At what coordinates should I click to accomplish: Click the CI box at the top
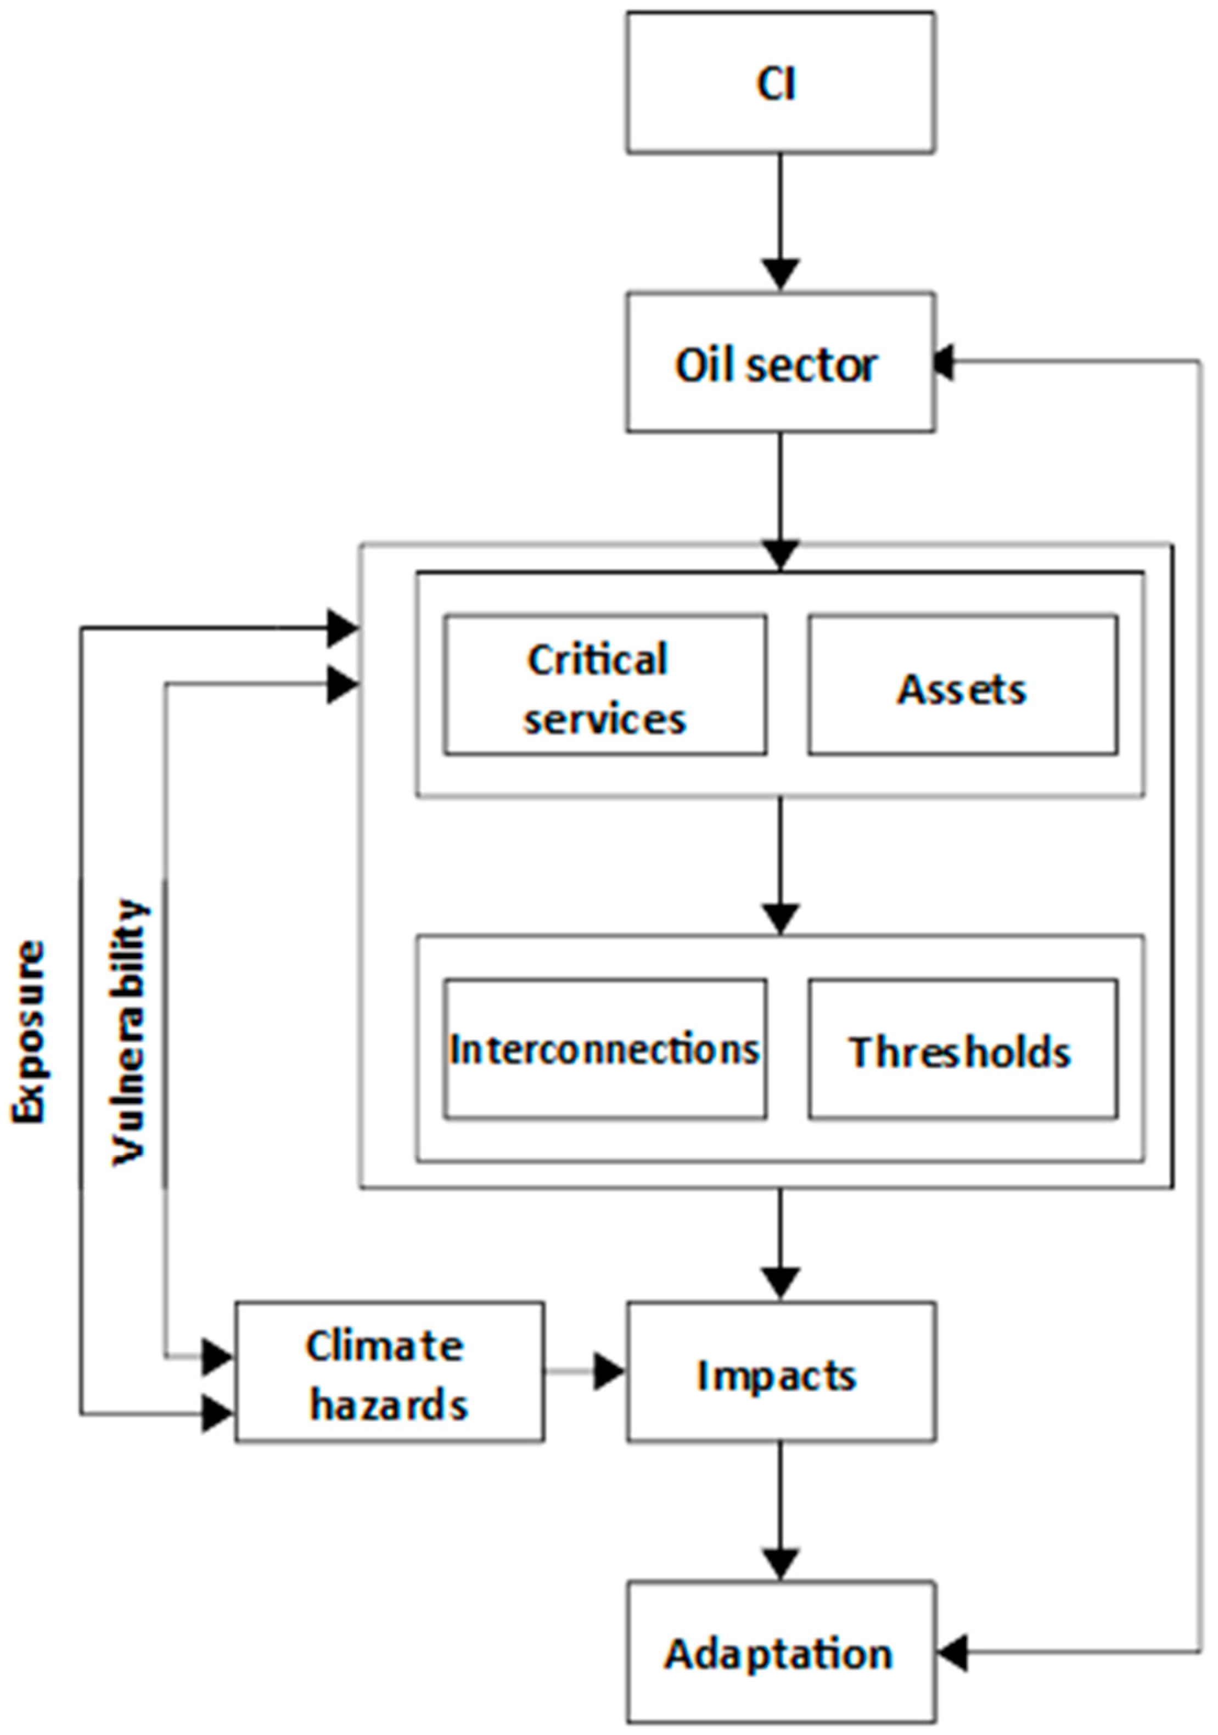click(780, 83)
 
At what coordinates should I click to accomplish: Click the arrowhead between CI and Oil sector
click(780, 273)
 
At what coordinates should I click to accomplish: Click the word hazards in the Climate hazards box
click(389, 1406)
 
